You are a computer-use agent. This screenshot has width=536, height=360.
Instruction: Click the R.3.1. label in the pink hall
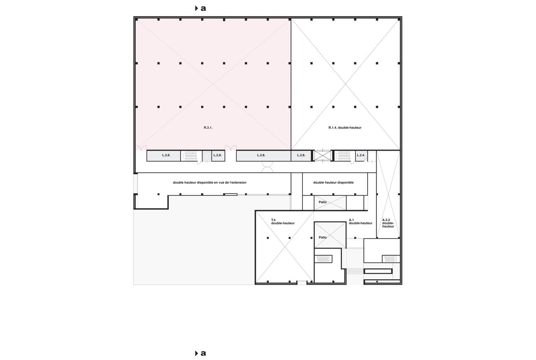click(x=208, y=128)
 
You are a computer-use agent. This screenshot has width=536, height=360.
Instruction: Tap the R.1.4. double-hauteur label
click(x=345, y=128)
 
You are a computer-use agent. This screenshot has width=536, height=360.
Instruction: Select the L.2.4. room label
click(x=361, y=155)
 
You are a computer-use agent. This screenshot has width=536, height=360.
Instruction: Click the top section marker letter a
click(x=203, y=8)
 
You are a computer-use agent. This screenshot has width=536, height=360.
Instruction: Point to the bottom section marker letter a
click(x=203, y=353)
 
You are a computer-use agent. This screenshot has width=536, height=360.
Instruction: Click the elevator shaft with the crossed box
click(x=322, y=155)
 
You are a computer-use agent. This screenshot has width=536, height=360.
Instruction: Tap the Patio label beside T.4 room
click(x=322, y=237)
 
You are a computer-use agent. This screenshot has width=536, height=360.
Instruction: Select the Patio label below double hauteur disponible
click(x=322, y=202)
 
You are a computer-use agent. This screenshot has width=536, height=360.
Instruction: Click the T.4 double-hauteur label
click(x=283, y=221)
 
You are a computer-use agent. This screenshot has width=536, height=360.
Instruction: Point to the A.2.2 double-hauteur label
click(x=388, y=223)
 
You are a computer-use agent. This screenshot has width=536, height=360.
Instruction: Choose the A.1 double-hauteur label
click(x=361, y=221)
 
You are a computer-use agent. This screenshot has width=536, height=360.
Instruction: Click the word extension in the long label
click(x=238, y=183)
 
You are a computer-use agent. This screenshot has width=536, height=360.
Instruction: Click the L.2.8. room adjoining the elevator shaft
click(x=301, y=156)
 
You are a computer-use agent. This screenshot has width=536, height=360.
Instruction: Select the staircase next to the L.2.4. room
click(x=345, y=156)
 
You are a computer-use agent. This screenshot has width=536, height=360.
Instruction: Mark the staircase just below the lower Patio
click(x=323, y=259)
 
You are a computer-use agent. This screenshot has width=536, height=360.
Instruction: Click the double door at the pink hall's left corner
click(x=141, y=148)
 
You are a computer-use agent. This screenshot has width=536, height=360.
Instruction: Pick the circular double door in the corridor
click(x=267, y=167)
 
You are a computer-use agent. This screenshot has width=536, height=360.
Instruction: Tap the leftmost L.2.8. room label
click(x=166, y=155)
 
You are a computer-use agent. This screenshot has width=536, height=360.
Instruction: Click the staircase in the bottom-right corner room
click(x=391, y=259)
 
